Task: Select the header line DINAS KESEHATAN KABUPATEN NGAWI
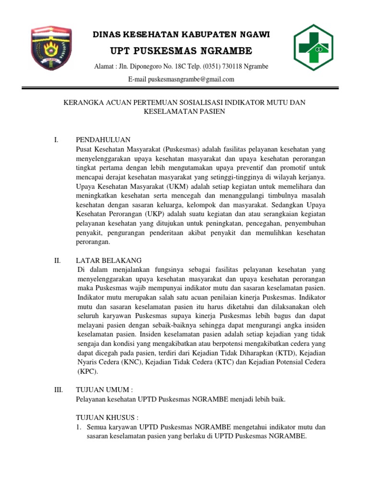coord(181,35)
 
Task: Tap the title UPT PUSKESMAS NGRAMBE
coord(181,51)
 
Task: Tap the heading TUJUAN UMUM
coord(104,390)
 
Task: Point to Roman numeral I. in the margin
coord(56,140)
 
